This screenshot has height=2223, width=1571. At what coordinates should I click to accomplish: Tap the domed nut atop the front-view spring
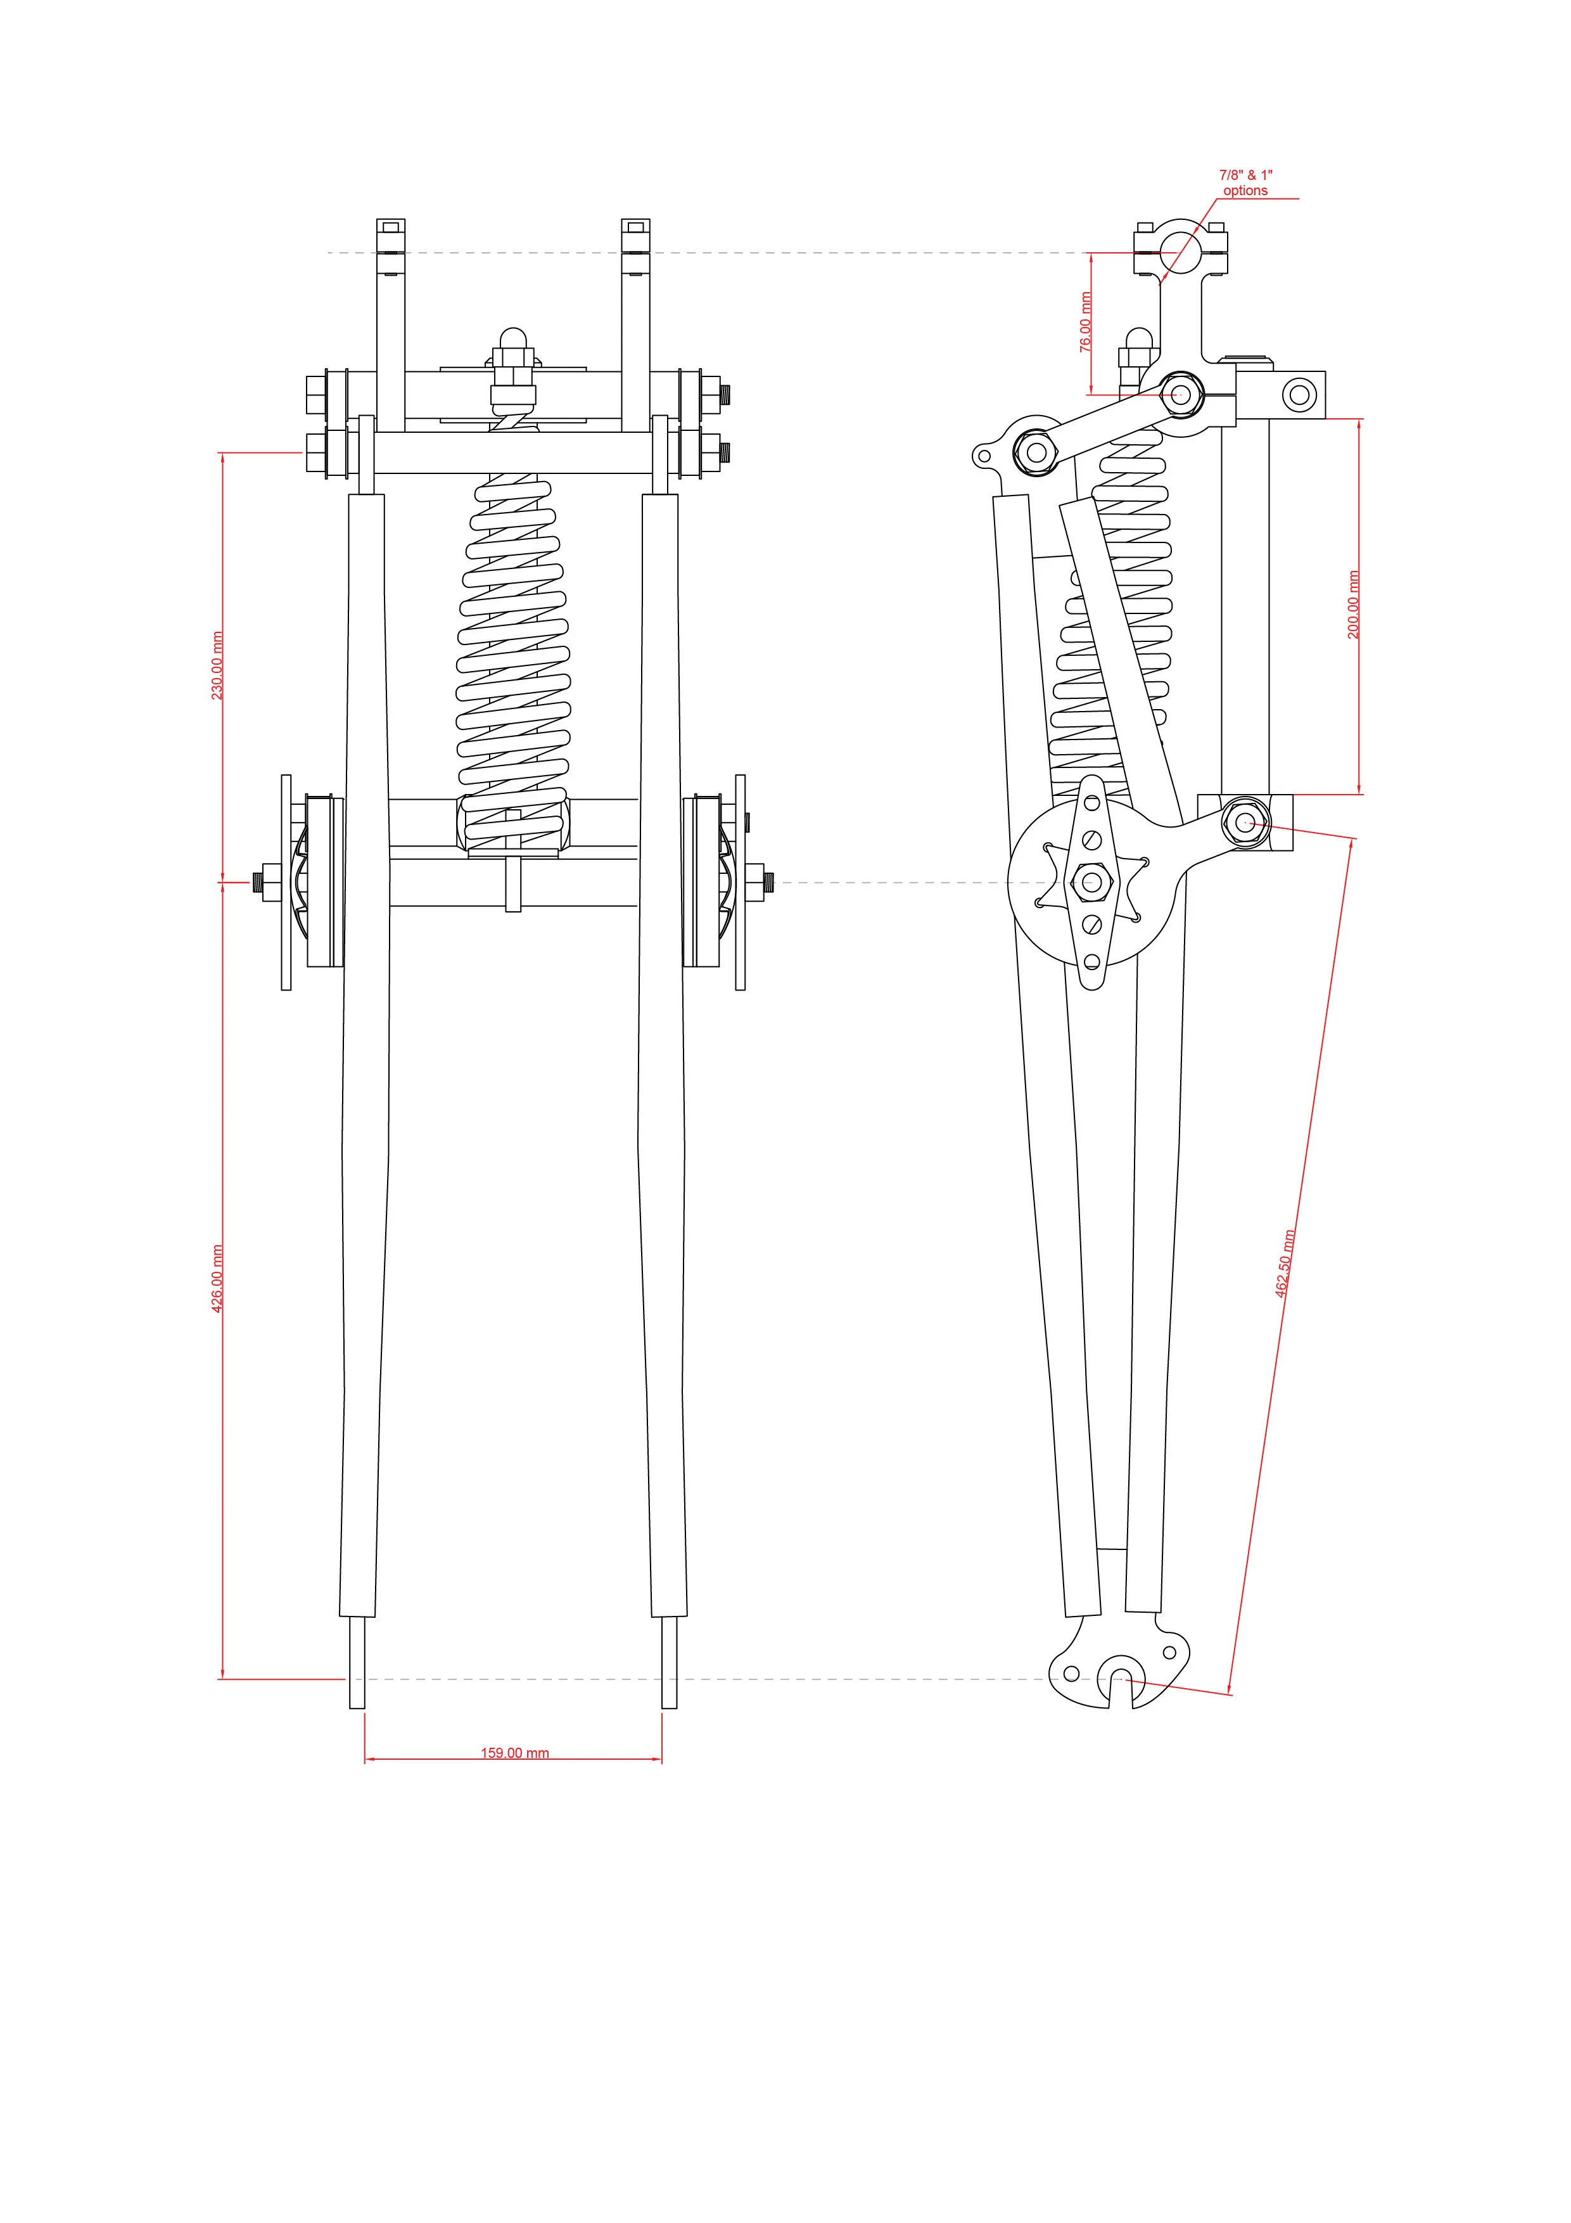[x=512, y=341]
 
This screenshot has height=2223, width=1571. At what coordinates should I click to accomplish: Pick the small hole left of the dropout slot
[x=1071, y=1673]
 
